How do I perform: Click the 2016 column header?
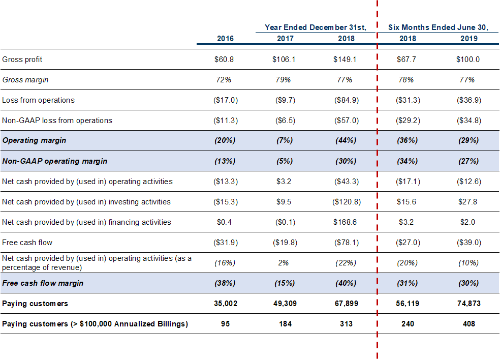[225, 39]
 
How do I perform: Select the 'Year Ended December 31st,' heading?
[316, 27]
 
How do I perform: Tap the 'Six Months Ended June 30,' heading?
[438, 27]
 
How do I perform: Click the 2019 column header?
[468, 39]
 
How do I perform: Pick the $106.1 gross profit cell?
[284, 59]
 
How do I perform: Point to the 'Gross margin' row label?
[25, 80]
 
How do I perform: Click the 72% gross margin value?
[224, 80]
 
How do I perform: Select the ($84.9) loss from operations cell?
[347, 100]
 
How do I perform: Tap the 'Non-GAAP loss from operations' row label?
[57, 121]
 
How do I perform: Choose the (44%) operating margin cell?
[346, 140]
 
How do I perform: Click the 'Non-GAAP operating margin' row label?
[54, 161]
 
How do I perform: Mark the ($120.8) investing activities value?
[347, 202]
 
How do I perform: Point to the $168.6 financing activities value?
[345, 222]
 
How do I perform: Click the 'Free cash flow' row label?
[27, 243]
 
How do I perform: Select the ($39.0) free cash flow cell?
[468, 243]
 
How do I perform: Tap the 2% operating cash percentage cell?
[283, 263]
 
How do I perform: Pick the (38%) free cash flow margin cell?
[225, 283]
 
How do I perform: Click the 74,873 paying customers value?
[468, 304]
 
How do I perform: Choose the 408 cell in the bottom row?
[468, 324]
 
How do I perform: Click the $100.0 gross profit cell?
[468, 59]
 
